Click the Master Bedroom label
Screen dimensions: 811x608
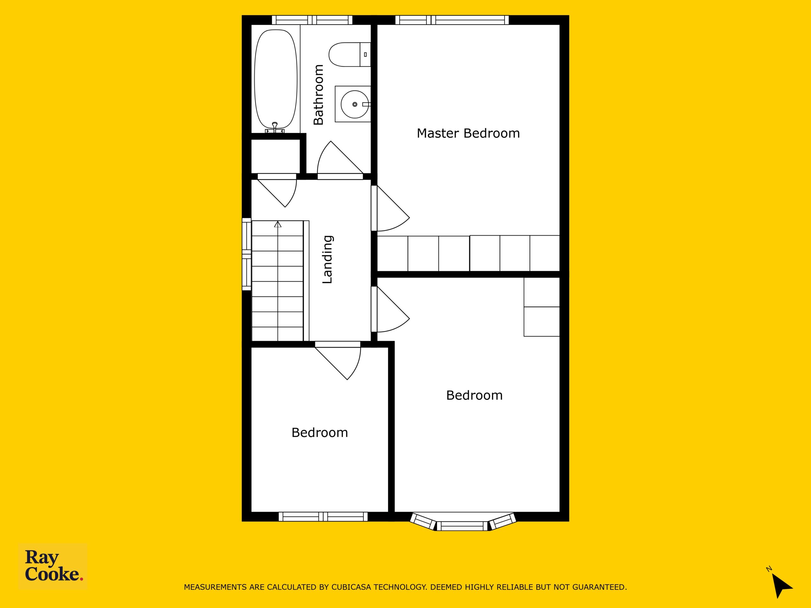click(x=468, y=133)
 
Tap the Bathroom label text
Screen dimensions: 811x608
click(x=319, y=95)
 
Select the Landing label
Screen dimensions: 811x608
click(x=327, y=259)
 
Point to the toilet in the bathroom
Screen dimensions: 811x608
click(x=349, y=54)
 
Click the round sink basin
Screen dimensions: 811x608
click(x=354, y=104)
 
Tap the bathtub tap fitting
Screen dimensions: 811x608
click(x=275, y=128)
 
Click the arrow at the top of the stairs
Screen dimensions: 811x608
click(x=278, y=224)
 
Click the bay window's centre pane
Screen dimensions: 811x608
click(x=462, y=526)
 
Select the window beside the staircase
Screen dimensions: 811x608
click(x=246, y=254)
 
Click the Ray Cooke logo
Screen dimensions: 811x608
click(x=53, y=566)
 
